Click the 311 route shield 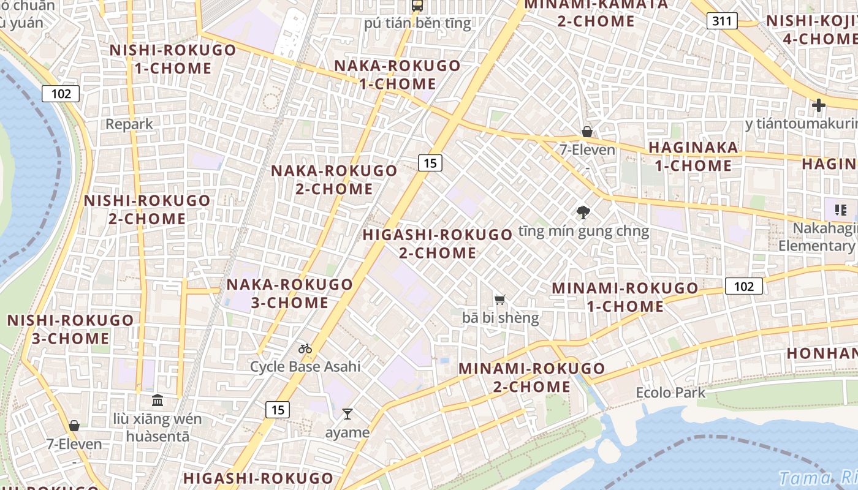click(x=722, y=21)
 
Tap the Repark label click(x=129, y=124)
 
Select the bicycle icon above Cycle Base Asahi click(x=305, y=349)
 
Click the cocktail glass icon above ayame click(x=347, y=414)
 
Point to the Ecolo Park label click(x=670, y=393)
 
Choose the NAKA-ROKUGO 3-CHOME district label click(x=289, y=293)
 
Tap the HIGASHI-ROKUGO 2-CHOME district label click(x=438, y=244)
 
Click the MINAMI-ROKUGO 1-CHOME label click(x=625, y=297)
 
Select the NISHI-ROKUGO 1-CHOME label click(x=172, y=59)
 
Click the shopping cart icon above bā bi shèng click(x=500, y=300)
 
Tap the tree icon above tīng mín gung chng click(x=583, y=213)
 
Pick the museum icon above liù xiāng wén click(x=158, y=401)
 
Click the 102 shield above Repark click(x=61, y=94)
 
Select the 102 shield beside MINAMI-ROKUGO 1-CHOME click(x=744, y=286)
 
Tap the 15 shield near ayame click(x=278, y=410)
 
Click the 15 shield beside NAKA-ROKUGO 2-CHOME click(x=430, y=162)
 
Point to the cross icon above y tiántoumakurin click(x=818, y=105)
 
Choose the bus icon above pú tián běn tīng click(x=417, y=6)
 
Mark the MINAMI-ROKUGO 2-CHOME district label click(x=532, y=377)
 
